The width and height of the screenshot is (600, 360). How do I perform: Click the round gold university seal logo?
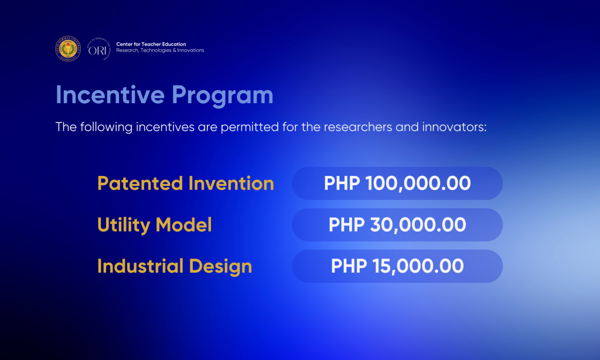[x=69, y=49]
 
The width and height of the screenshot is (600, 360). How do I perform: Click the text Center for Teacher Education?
[x=151, y=45]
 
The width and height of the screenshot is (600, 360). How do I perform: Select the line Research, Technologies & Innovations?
[x=160, y=51]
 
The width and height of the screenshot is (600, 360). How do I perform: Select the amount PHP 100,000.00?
[x=397, y=184]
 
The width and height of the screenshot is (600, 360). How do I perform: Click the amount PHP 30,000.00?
[x=397, y=225]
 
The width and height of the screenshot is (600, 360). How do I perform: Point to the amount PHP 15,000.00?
[x=397, y=267]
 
